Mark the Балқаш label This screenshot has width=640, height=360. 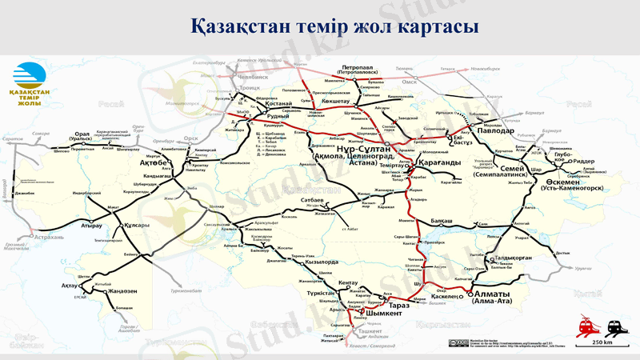[x=444, y=218]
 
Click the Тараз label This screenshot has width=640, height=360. [x=399, y=305]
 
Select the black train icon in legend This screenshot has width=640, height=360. [x=615, y=327]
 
